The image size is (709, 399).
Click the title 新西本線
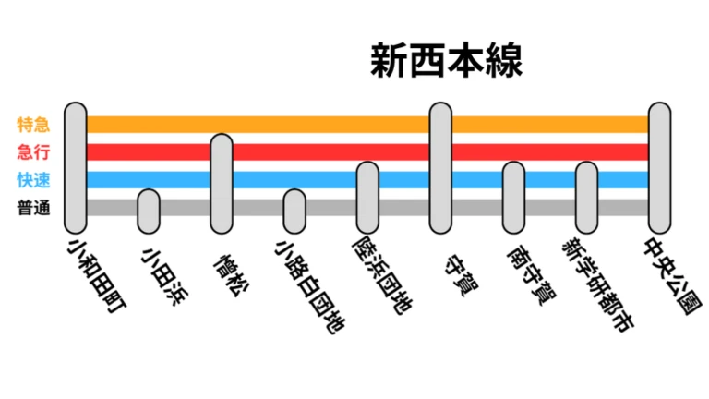pos(446,61)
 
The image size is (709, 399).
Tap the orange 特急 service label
pos(33,125)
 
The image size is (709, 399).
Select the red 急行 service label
pos(33,152)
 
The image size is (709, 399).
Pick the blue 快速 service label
pos(33,180)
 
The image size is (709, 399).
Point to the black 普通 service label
pos(33,208)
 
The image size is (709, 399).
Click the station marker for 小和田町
pos(76,168)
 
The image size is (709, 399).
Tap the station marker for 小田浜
pos(149,212)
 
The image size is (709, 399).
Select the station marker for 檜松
pos(222,184)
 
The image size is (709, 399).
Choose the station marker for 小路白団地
pos(294,212)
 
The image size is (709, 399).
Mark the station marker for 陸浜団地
pos(367,198)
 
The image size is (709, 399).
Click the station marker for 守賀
pos(440,168)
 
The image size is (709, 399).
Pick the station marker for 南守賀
pos(513,198)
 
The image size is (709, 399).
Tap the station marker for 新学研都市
pos(586,198)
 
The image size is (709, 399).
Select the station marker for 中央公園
pos(660,168)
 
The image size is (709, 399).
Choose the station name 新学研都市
pos(598,285)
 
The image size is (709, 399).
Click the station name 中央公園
pos(673,276)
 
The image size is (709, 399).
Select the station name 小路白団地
pos(310,288)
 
